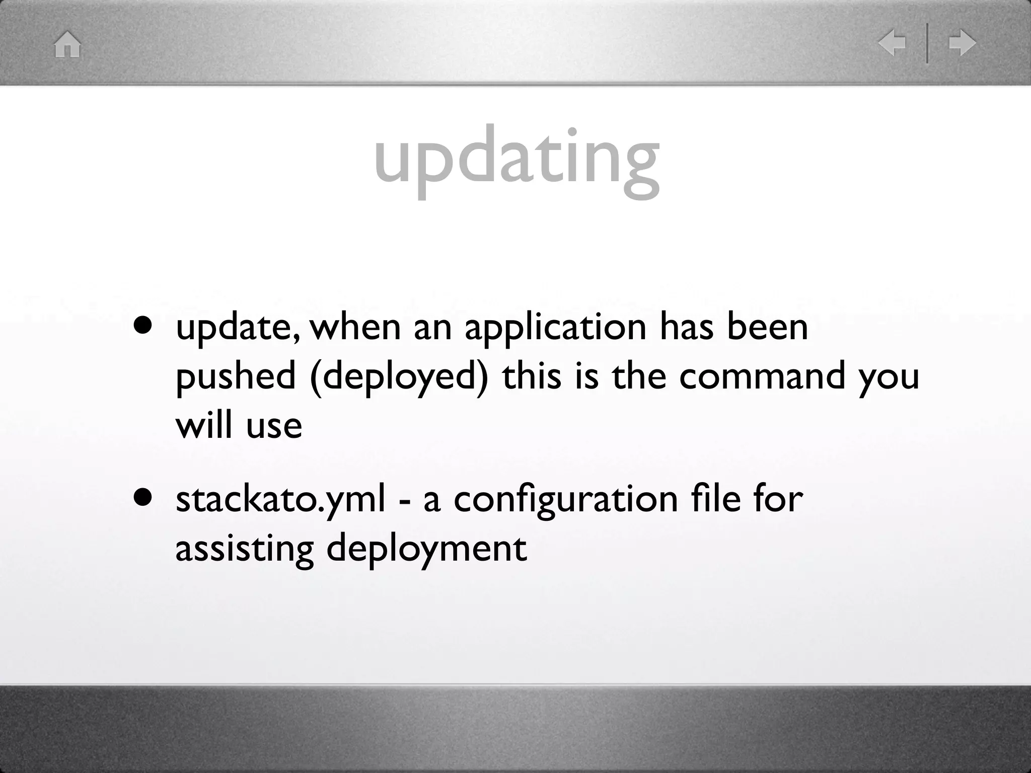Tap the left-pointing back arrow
(x=892, y=43)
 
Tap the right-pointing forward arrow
(x=963, y=43)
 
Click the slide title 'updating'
(x=517, y=157)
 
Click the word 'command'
(x=762, y=376)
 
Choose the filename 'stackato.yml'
(x=280, y=499)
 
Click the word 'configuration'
(x=566, y=500)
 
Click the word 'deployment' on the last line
(x=426, y=549)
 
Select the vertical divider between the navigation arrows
(x=927, y=43)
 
